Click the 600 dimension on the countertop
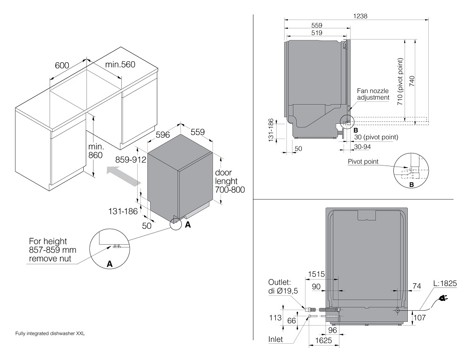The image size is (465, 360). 62,66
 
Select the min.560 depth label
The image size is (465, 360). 120,65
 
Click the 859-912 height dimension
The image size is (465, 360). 131,160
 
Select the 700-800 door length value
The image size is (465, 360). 230,190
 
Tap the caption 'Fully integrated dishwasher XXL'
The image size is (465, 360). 50,333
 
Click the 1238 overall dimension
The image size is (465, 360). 360,15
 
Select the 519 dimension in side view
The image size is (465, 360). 317,33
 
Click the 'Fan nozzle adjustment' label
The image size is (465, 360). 372,94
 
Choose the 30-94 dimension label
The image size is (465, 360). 362,146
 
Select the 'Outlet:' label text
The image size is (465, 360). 279,282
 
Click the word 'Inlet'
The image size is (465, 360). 275,340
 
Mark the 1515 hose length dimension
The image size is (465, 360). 316,274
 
